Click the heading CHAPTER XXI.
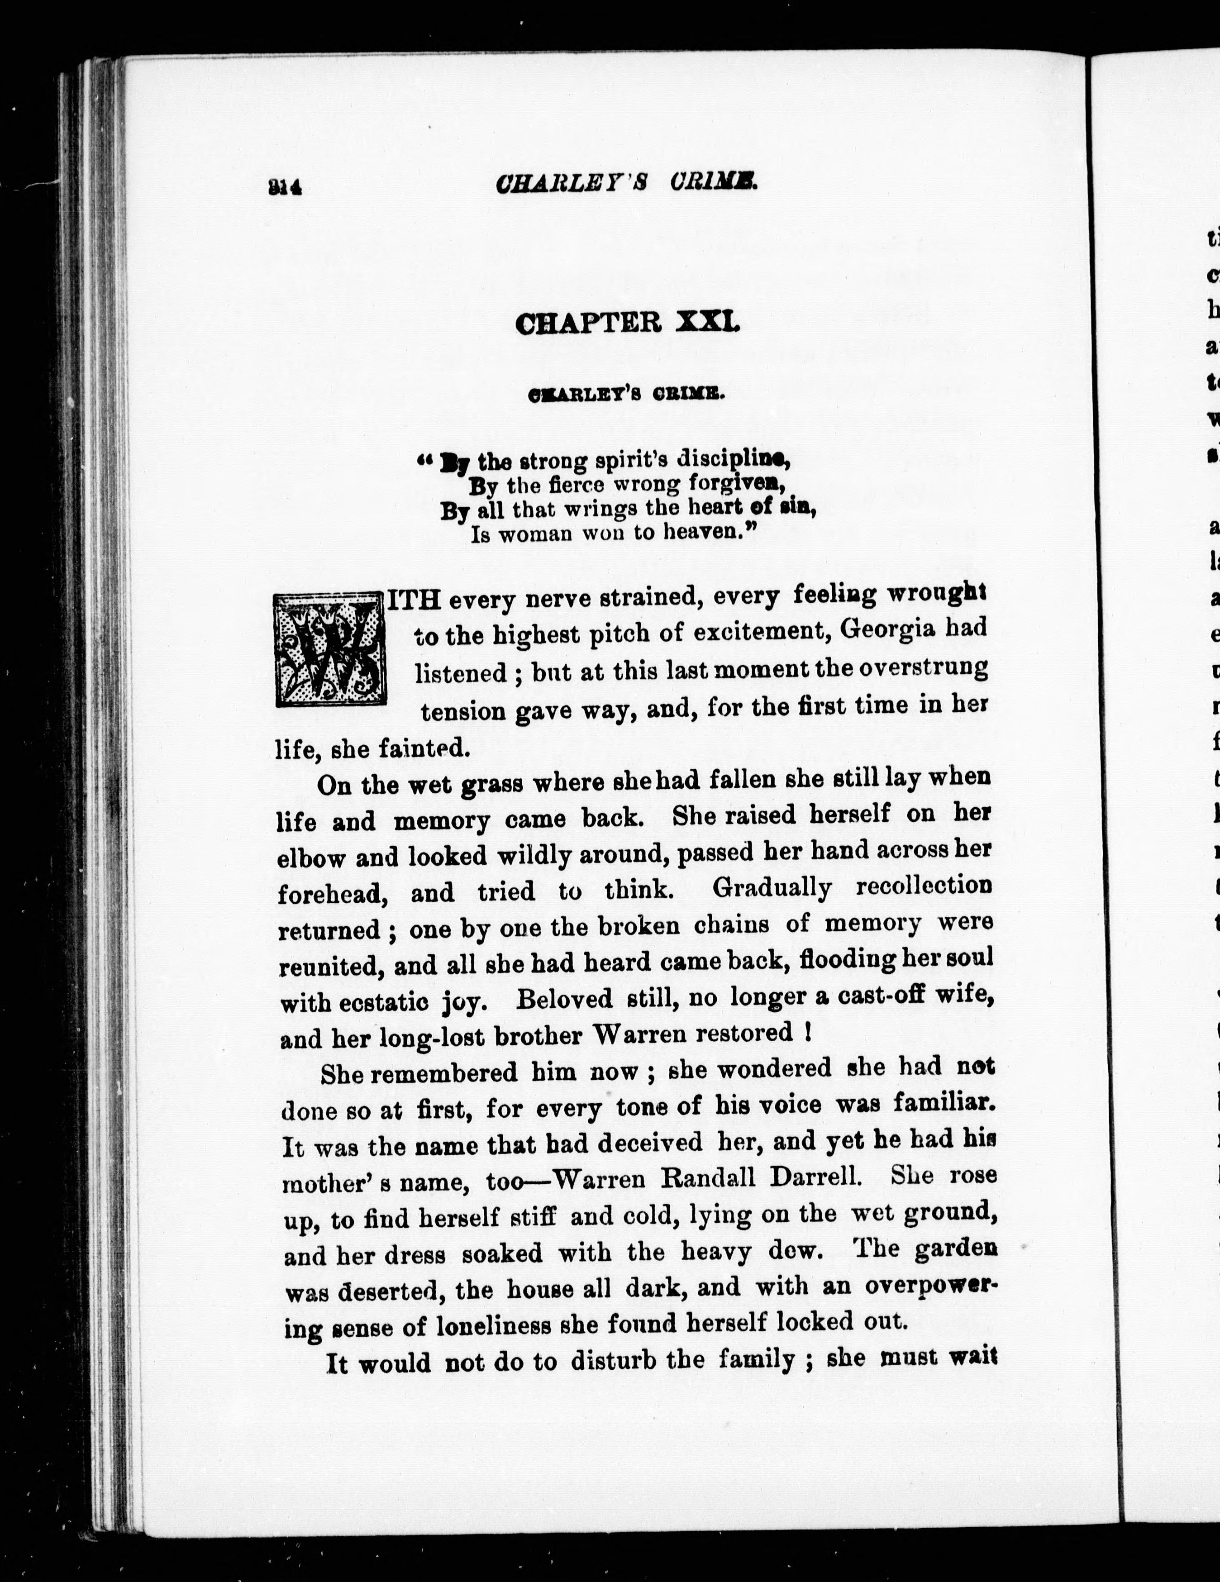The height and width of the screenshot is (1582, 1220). pyautogui.click(x=627, y=322)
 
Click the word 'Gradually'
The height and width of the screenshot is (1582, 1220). pyautogui.click(x=772, y=887)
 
